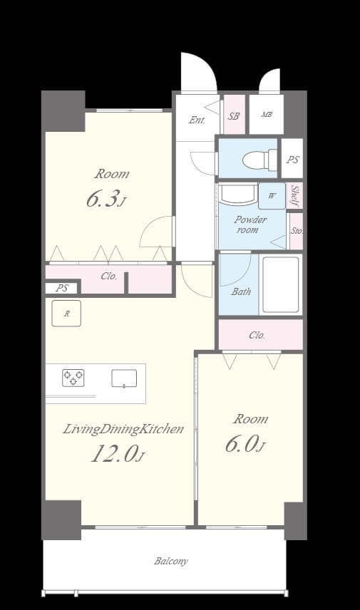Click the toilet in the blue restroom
coord(259,159)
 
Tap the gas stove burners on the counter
coord(73,378)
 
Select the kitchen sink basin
coord(124,378)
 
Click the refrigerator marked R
coord(66,313)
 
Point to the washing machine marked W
coord(272,196)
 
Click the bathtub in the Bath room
coord(281,284)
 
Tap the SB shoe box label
coord(234,116)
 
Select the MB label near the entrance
coord(267,114)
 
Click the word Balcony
coord(171,561)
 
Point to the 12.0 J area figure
coord(118,454)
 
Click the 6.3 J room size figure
coord(106,200)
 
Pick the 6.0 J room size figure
coord(245,444)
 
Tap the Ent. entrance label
coord(197,120)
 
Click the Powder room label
coord(250,224)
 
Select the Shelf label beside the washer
coord(294,196)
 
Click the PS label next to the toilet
coord(293,160)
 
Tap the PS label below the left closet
coord(62,289)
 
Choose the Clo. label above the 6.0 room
coord(257,335)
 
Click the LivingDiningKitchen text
coord(123,430)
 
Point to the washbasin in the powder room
coord(238,193)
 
